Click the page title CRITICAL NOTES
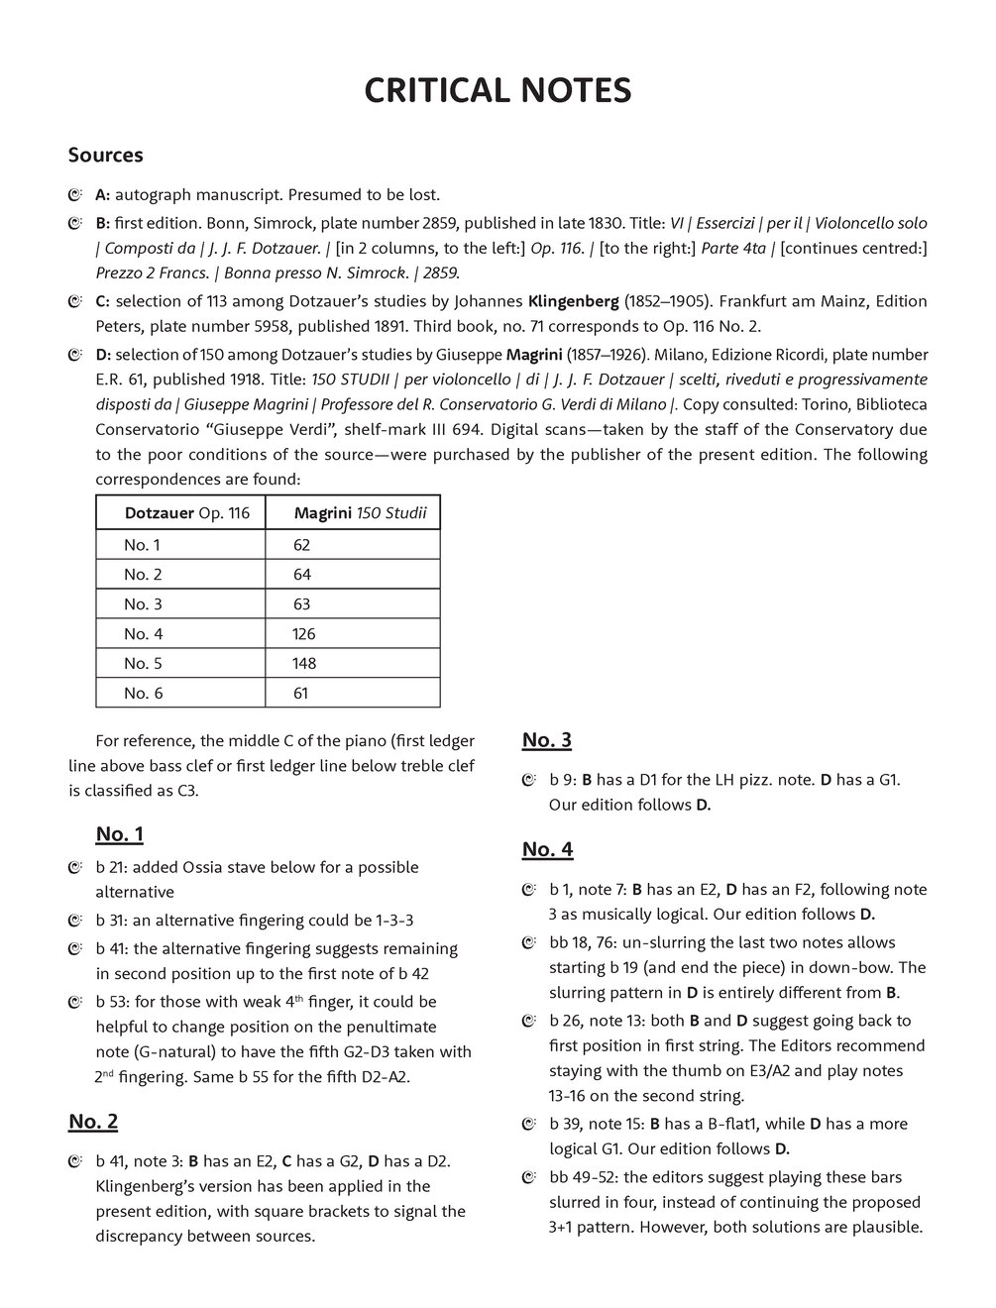click(x=498, y=91)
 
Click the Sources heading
click(x=105, y=156)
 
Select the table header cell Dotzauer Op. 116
click(x=186, y=513)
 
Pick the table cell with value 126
click(x=303, y=634)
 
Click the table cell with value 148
click(x=304, y=664)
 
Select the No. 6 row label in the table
click(x=144, y=694)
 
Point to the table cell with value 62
click(x=301, y=545)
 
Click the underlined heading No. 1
click(x=120, y=833)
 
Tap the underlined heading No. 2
click(x=93, y=1122)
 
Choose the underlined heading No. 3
click(x=547, y=740)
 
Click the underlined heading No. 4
click(x=547, y=849)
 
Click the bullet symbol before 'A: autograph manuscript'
click(x=75, y=195)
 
